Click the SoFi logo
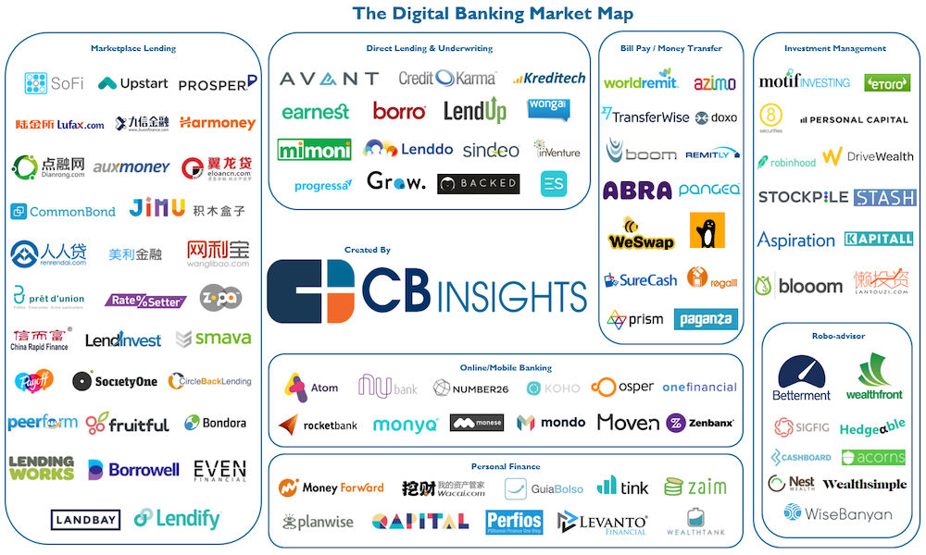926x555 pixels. click(x=54, y=83)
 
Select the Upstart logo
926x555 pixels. click(x=132, y=83)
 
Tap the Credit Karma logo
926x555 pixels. click(x=447, y=79)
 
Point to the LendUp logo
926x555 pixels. click(x=475, y=111)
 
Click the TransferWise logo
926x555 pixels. click(x=644, y=117)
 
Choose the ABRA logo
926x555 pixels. click(x=637, y=191)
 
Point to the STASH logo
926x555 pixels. click(x=884, y=197)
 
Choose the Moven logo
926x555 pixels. click(x=628, y=423)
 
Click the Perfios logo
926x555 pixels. click(x=514, y=522)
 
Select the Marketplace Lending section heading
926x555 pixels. click(x=133, y=48)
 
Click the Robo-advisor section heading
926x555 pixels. click(x=837, y=336)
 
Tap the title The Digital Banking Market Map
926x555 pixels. click(x=493, y=14)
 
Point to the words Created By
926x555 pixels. click(x=367, y=250)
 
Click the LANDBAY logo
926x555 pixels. click(x=85, y=520)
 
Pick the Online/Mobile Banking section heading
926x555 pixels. click(x=505, y=367)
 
